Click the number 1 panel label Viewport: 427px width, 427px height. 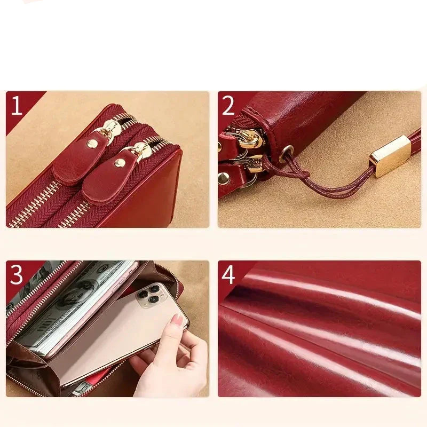point(17,106)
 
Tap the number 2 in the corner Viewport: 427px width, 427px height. point(228,106)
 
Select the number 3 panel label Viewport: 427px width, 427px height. point(17,275)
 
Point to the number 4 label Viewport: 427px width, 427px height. point(228,275)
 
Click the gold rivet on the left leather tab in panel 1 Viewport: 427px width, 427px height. point(92,144)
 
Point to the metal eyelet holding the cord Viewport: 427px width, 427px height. point(286,154)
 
